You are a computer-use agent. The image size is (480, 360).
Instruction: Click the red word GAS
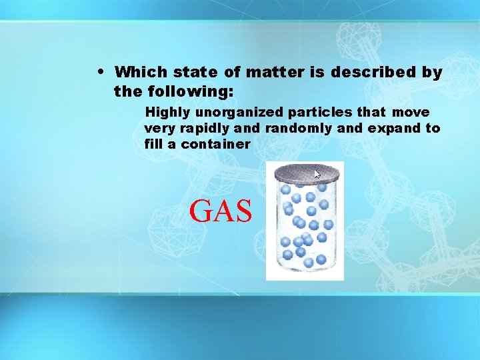point(221,211)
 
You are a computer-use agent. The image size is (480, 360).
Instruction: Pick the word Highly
point(168,112)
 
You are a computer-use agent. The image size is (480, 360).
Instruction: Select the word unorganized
point(239,112)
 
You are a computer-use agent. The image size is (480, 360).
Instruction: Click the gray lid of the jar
point(305,175)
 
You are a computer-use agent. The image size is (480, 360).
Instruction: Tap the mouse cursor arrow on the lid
point(317,174)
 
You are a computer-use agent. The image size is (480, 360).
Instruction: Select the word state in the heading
point(193,72)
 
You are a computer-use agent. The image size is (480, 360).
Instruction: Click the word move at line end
point(411,112)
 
